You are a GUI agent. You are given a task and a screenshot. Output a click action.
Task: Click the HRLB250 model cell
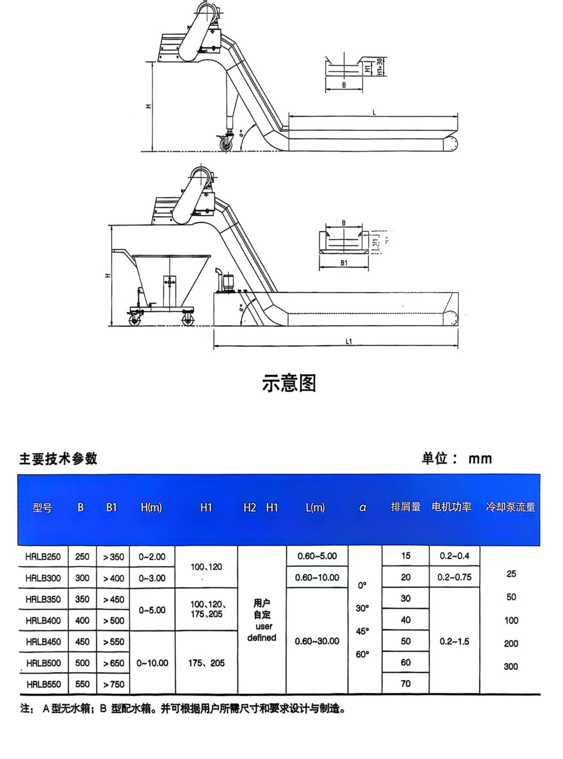point(43,557)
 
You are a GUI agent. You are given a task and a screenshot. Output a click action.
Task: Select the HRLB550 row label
point(43,684)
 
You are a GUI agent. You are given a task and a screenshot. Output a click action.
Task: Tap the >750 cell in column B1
point(114,684)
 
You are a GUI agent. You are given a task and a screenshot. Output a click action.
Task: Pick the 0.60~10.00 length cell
point(317,578)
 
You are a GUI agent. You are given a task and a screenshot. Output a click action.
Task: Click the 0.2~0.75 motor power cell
point(454,578)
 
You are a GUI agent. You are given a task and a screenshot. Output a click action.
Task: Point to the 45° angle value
point(362,631)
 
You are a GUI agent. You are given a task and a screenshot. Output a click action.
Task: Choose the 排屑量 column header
point(405,507)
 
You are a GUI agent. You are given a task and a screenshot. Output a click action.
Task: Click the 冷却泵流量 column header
point(510,507)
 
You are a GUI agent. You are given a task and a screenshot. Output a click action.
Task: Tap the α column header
point(363,507)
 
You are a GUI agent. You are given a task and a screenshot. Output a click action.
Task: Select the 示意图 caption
point(289,383)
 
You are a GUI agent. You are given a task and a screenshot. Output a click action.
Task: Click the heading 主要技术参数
point(58,459)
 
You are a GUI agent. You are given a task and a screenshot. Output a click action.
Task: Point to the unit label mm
point(480,459)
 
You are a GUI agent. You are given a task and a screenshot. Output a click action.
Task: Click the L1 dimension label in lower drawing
point(349,341)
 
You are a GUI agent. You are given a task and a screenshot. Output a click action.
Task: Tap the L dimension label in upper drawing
point(374,113)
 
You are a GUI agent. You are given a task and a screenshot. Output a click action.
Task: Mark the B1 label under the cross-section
point(344,263)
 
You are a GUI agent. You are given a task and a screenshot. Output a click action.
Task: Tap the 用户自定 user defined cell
point(261,620)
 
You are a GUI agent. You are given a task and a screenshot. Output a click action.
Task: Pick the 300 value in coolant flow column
point(511,666)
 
